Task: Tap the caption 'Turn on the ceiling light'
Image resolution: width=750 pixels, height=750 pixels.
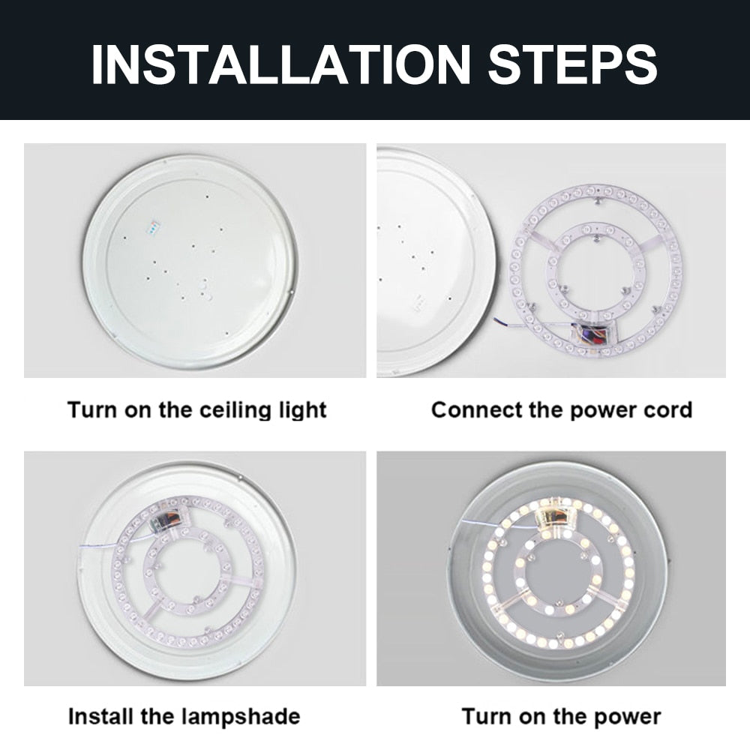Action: (197, 410)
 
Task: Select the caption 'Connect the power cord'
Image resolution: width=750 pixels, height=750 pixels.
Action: (561, 410)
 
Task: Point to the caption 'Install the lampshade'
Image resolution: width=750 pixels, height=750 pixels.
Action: (184, 716)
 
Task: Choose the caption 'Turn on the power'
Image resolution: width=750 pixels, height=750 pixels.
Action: (561, 716)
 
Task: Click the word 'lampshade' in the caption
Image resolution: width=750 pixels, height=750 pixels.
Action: (241, 716)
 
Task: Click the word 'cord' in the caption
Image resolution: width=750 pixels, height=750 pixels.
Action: (668, 410)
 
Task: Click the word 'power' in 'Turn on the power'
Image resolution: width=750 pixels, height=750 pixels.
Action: (625, 716)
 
